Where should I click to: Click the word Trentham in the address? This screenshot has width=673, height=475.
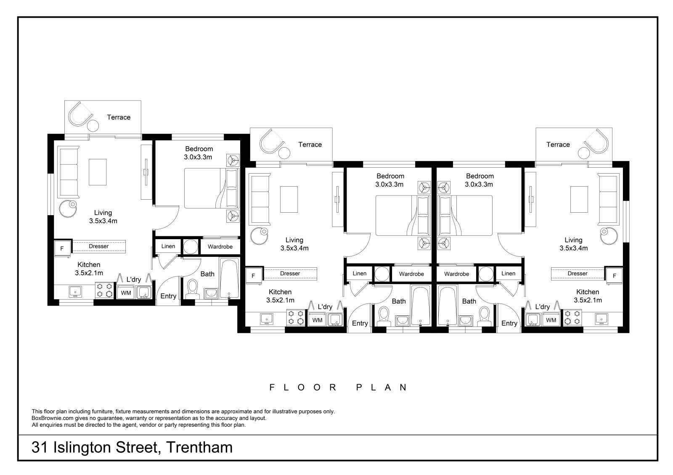pos(199,447)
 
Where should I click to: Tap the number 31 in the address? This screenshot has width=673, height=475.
pos(40,447)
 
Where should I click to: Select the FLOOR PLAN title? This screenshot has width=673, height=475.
pos(338,387)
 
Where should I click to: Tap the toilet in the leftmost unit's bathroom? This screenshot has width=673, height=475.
pos(192,289)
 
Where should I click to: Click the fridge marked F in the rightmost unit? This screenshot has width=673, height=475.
pos(614,276)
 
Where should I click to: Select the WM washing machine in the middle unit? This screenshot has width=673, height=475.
pos(317,320)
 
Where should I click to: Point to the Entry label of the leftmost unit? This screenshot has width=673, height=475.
pos(168,296)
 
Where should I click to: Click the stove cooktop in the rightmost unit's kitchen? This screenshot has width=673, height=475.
pos(572,318)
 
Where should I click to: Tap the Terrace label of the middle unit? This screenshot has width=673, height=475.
pos(310,145)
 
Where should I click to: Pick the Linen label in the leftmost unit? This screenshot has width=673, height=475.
pos(168,246)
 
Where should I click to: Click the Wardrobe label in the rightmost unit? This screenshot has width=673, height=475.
pos(457,274)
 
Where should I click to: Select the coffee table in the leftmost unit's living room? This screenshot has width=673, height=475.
pos(98,172)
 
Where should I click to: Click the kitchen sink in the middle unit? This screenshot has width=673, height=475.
pos(266,319)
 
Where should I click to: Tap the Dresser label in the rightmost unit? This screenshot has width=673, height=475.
pos(578,274)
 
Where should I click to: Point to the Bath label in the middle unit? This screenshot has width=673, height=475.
pos(399,301)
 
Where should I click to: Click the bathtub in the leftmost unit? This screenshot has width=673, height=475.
pos(229,278)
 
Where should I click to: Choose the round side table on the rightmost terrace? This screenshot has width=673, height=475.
pos(584,153)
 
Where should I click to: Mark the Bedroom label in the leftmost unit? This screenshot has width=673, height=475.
pos(199,149)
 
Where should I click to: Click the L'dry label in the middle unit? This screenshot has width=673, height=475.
pos(325,306)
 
